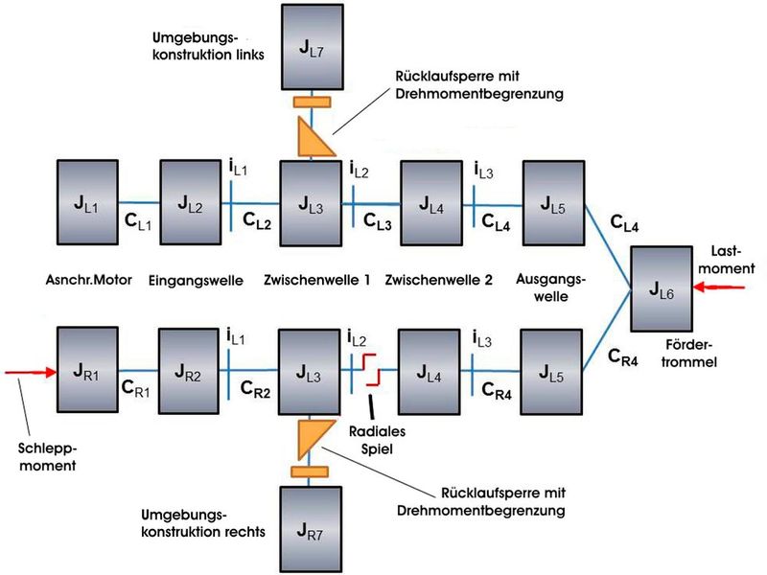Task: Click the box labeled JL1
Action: coord(87,204)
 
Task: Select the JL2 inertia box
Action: coord(191,204)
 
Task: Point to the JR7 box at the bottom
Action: coord(311,528)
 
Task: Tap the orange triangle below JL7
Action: coord(312,137)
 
